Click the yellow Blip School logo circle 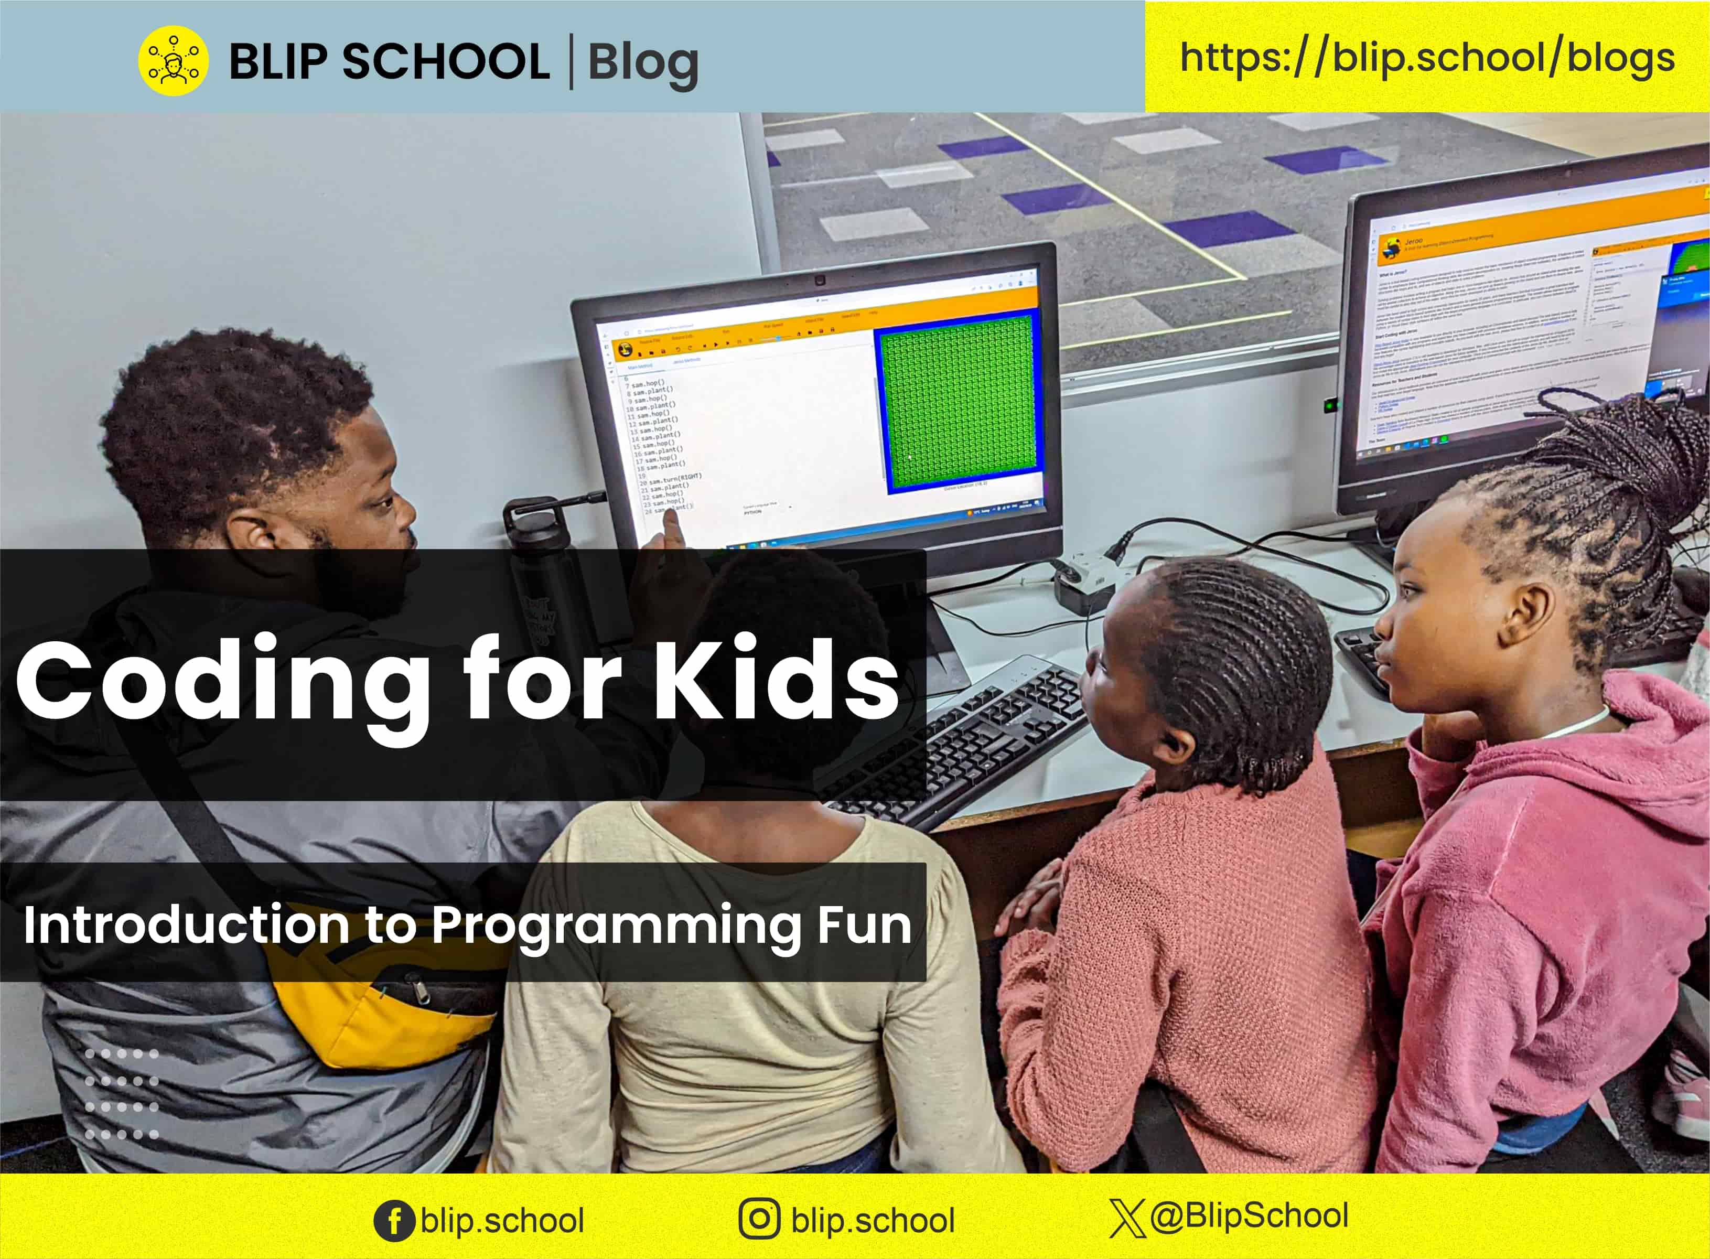click(173, 60)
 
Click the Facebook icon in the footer click(394, 1220)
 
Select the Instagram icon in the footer click(759, 1219)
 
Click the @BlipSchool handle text click(1250, 1215)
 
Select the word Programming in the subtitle click(617, 927)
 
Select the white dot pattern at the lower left click(122, 1094)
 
